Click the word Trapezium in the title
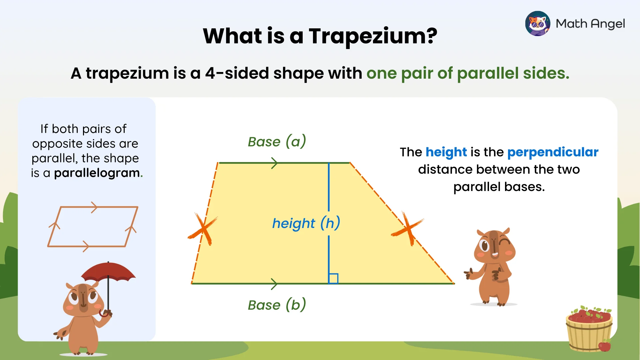pyautogui.click(x=373, y=36)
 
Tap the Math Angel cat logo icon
pyautogui.click(x=537, y=23)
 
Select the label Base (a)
pyautogui.click(x=277, y=142)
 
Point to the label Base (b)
pyautogui.click(x=277, y=305)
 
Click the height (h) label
pyautogui.click(x=306, y=223)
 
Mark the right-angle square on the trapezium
pyautogui.click(x=333, y=278)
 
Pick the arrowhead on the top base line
pyautogui.click(x=274, y=163)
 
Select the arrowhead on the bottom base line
pyautogui.click(x=274, y=284)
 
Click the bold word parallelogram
pyautogui.click(x=97, y=173)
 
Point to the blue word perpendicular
pyautogui.click(x=553, y=152)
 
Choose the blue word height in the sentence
pyautogui.click(x=446, y=152)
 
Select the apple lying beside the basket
pyautogui.click(x=605, y=346)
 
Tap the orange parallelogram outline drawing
pyautogui.click(x=93, y=227)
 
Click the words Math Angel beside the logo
pyautogui.click(x=590, y=24)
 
